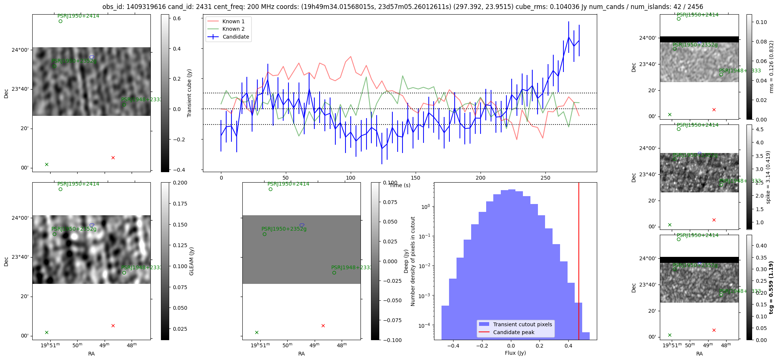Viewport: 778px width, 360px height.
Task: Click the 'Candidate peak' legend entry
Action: (x=514, y=332)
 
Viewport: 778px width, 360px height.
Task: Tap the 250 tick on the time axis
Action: (x=545, y=178)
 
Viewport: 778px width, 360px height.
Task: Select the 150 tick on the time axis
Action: (x=416, y=178)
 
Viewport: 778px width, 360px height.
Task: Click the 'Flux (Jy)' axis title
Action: (x=515, y=353)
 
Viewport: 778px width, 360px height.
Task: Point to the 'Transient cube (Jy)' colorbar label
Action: (x=189, y=93)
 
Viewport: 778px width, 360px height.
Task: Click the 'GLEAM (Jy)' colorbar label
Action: (x=192, y=261)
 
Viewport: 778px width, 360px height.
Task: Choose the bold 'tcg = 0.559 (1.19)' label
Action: (x=771, y=288)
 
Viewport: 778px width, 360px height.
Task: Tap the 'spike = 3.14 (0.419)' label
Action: (x=768, y=177)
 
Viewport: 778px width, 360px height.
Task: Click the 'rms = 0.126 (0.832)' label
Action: (x=771, y=67)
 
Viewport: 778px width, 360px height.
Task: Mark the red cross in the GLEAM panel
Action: (x=113, y=325)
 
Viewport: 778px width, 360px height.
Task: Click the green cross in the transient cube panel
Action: (x=47, y=164)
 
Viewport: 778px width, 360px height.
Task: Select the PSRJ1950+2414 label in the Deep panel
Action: (x=288, y=184)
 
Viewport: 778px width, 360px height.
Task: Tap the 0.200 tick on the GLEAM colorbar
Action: (x=180, y=183)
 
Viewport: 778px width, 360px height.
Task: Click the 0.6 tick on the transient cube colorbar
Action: (x=177, y=18)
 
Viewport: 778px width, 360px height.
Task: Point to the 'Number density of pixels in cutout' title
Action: (x=413, y=261)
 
